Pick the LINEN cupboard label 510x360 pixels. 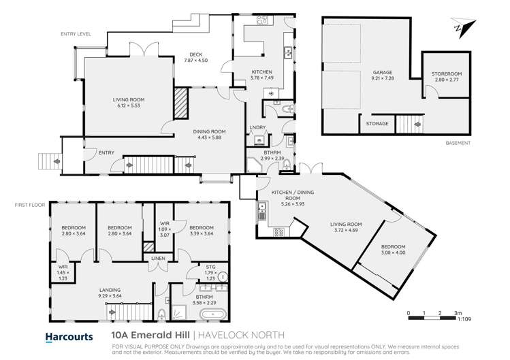157,257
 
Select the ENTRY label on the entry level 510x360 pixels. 86,152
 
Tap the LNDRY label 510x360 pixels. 257,127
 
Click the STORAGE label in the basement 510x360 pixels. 377,124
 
